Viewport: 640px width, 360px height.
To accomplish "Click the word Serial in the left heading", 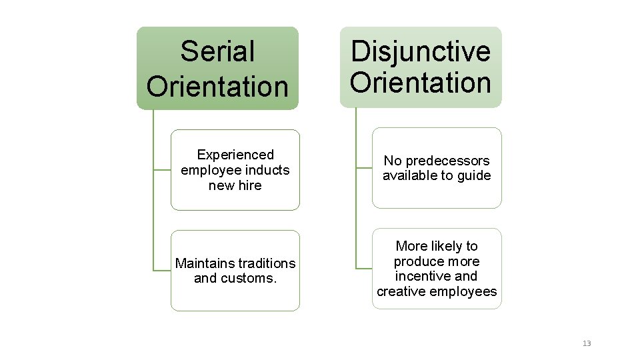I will [x=217, y=51].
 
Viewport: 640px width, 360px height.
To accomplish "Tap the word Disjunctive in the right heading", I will [x=421, y=51].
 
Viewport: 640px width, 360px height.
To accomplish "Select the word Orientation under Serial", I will [x=217, y=85].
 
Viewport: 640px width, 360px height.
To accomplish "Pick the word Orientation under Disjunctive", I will [x=421, y=83].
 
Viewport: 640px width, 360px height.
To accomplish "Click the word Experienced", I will [x=235, y=155].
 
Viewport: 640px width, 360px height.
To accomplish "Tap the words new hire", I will [x=235, y=185].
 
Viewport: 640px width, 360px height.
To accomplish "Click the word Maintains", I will [x=203, y=263].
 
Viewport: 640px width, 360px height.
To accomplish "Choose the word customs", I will [x=251, y=278].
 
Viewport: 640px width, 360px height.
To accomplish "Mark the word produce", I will [x=417, y=261].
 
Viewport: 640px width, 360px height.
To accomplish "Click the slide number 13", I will [x=587, y=343].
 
